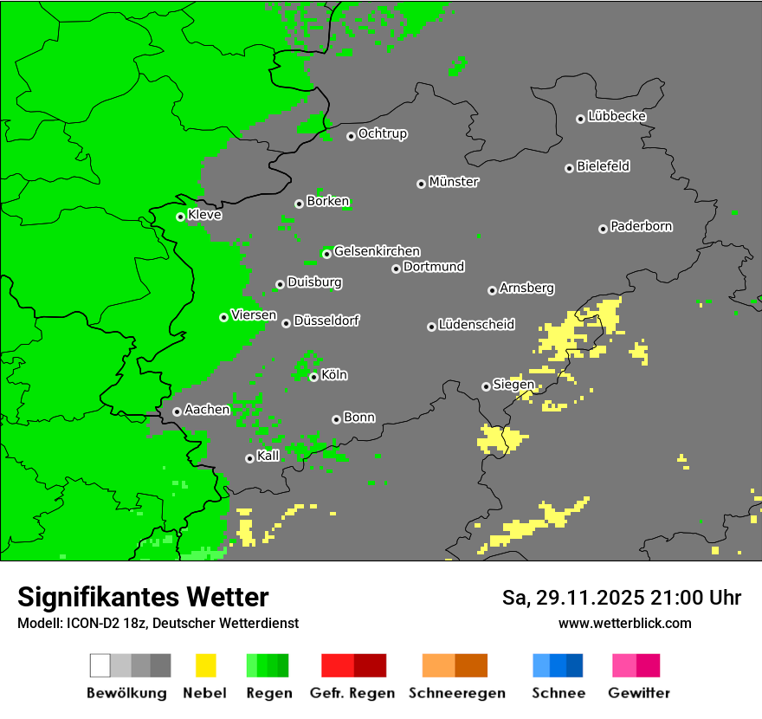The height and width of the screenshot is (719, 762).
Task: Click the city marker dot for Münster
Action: [x=421, y=184]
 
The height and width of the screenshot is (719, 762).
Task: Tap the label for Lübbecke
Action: [x=617, y=116]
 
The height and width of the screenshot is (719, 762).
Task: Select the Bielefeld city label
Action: [x=603, y=166]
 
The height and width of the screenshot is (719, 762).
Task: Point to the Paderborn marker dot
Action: [x=603, y=229]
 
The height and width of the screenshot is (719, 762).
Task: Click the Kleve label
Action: [x=204, y=215]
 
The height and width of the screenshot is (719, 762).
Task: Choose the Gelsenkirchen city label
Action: [x=377, y=251]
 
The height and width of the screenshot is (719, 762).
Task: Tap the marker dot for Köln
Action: [x=313, y=377]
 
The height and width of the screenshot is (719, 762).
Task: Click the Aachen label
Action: [x=207, y=410]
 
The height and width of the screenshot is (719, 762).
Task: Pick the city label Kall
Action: [x=268, y=456]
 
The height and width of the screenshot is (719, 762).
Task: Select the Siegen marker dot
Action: [x=486, y=386]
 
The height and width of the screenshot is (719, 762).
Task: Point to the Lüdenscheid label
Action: [x=476, y=325]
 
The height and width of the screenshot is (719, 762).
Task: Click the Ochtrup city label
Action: [x=382, y=134]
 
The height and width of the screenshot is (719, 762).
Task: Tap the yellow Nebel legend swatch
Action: [x=205, y=665]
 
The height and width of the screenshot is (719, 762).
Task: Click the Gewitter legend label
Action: [x=638, y=693]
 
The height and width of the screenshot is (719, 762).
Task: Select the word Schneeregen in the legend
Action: [x=456, y=693]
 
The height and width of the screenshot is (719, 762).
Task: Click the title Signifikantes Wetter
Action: [x=143, y=597]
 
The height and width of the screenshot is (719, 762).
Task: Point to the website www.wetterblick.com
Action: [x=624, y=623]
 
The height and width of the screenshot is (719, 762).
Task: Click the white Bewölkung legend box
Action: [x=100, y=665]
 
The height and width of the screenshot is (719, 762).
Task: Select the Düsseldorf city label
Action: [x=326, y=321]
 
